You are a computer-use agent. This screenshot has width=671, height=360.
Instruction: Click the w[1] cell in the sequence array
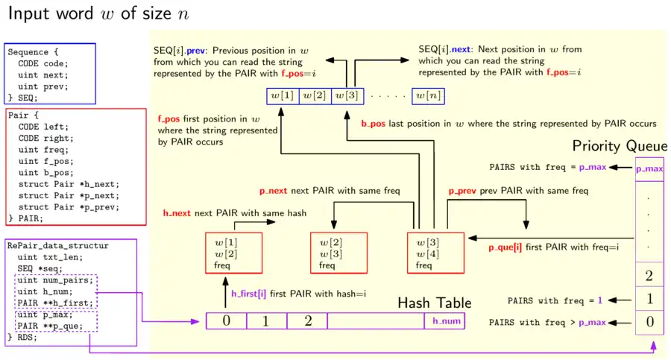pos(282,95)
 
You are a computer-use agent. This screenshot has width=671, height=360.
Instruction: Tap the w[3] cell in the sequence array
pos(347,95)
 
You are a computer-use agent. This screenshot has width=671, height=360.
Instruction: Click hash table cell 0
pos(227,321)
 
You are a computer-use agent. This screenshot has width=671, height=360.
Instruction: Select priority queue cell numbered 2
pos(649,276)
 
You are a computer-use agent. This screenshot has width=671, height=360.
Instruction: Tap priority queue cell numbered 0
pos(649,322)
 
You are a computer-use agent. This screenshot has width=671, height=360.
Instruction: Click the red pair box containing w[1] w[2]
pos(233,253)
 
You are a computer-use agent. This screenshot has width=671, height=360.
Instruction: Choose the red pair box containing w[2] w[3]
pos(337,253)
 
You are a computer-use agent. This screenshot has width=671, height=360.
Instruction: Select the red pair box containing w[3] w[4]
pos(435,253)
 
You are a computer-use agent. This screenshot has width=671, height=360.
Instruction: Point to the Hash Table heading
pos(434,303)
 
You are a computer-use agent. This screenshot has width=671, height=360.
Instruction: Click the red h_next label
pos(177,213)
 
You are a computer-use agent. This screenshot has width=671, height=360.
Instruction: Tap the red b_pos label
pos(373,124)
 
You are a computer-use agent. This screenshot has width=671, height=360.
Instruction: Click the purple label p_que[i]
pos(505,247)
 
